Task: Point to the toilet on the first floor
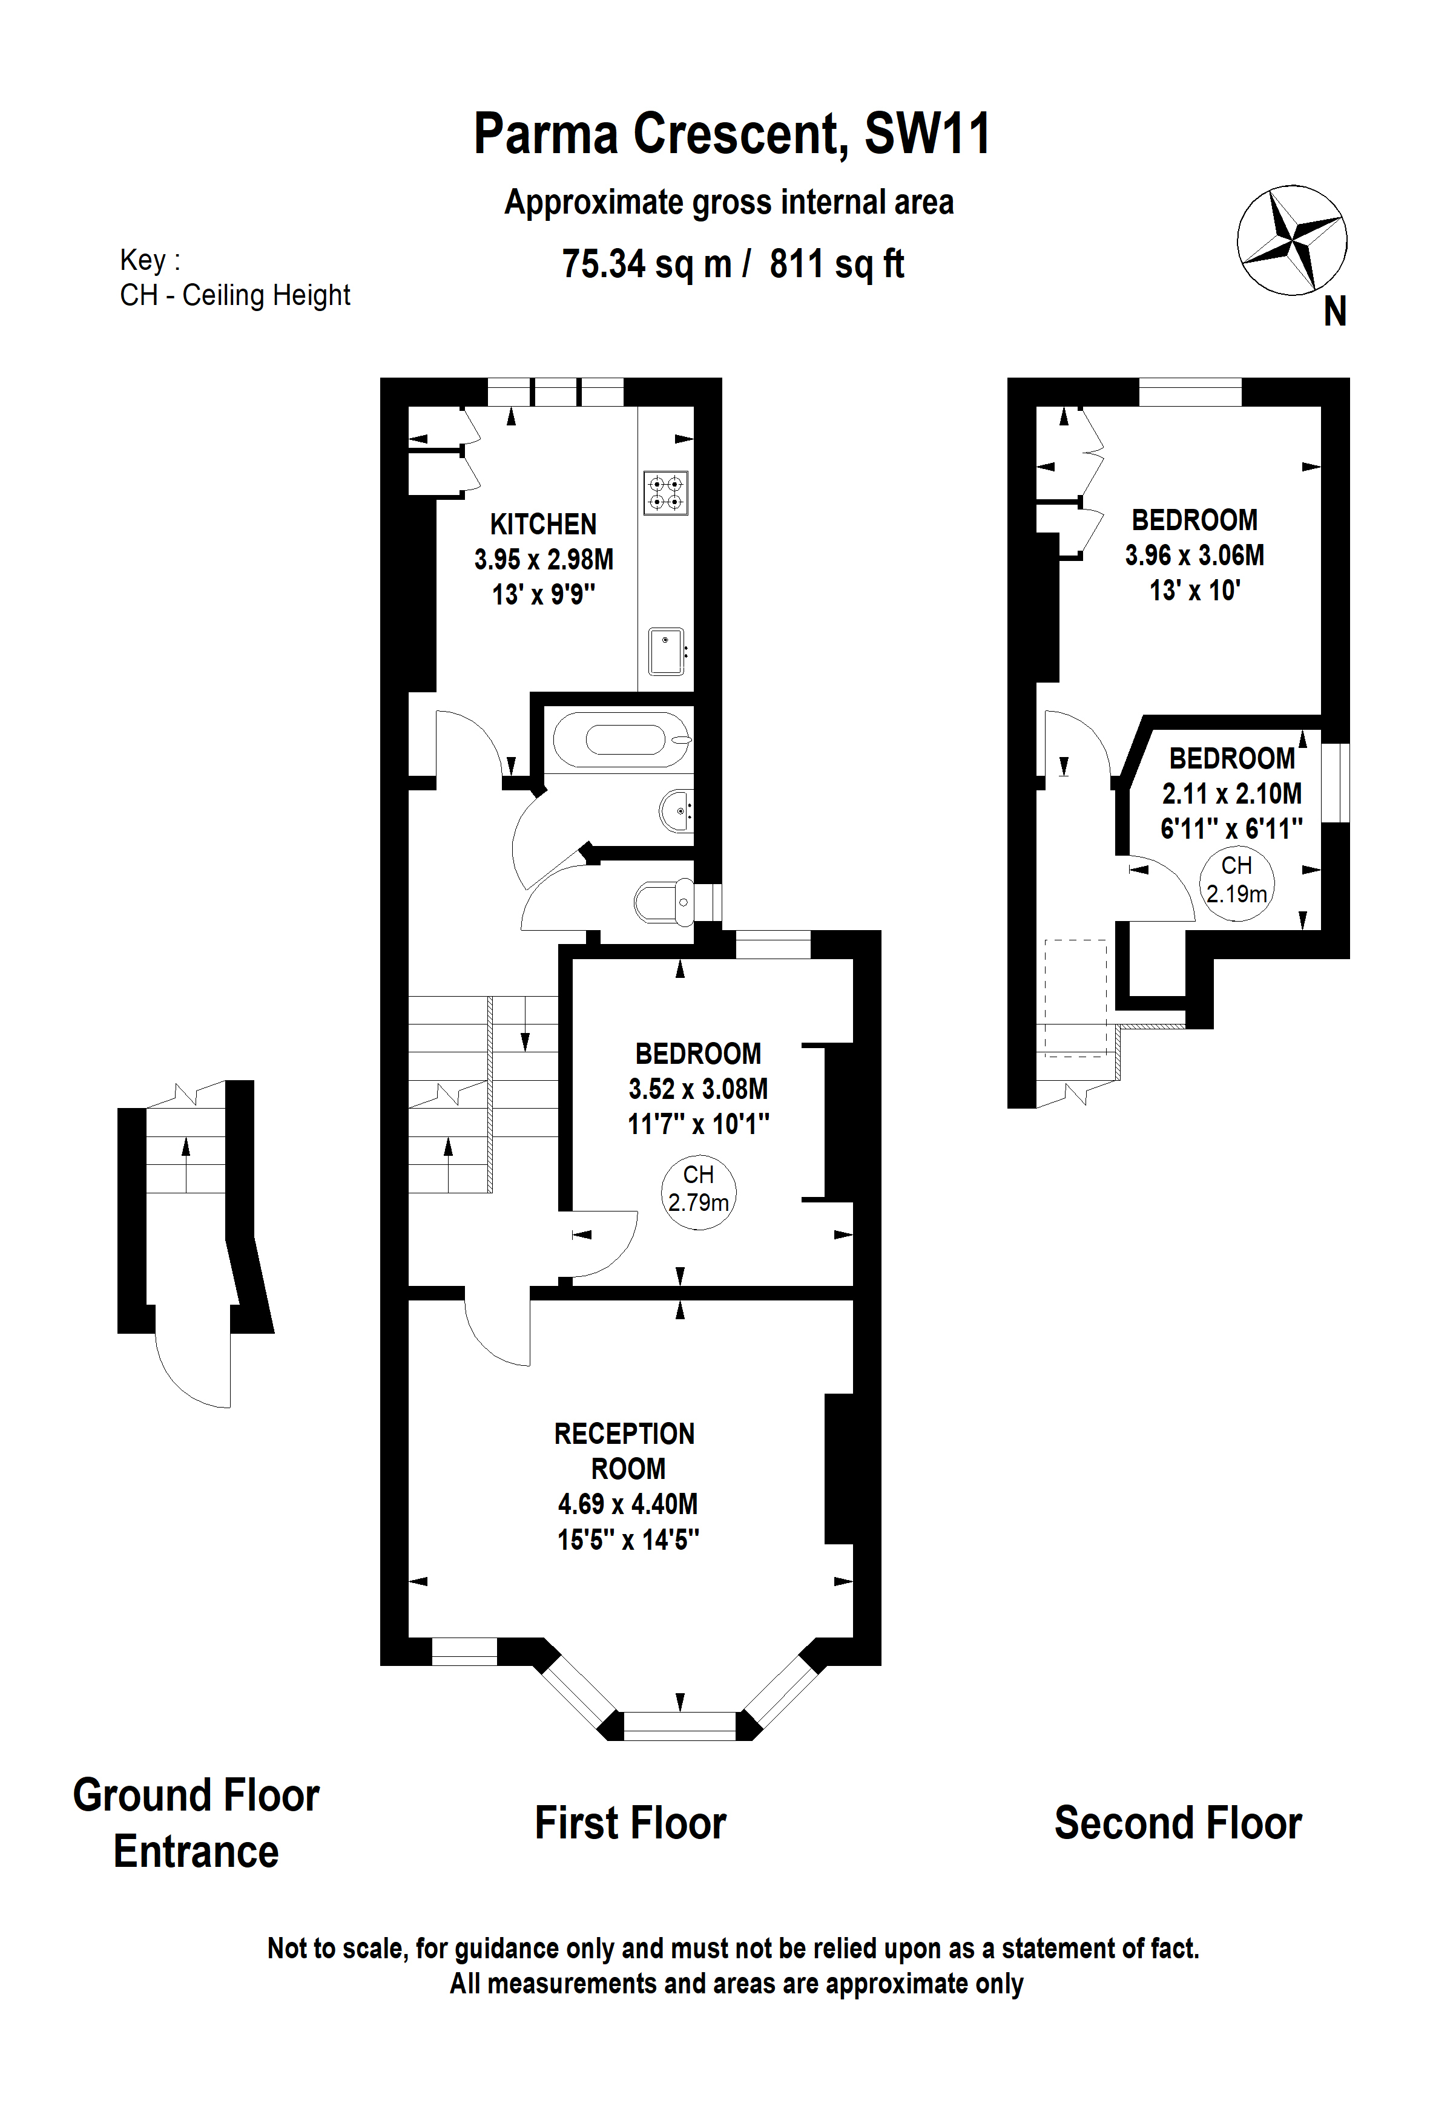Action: click(x=664, y=902)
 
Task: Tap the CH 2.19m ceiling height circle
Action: click(x=1236, y=884)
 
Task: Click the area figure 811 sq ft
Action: click(x=837, y=264)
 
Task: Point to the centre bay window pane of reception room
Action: click(x=679, y=1725)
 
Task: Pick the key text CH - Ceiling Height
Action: click(x=235, y=295)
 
